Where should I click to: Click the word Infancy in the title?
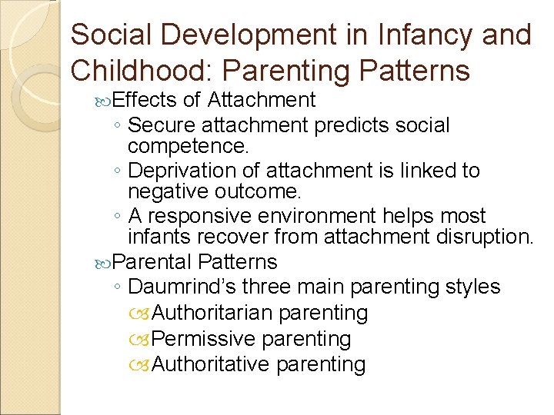(402, 35)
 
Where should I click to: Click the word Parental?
(152, 262)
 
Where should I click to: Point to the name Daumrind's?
(182, 287)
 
